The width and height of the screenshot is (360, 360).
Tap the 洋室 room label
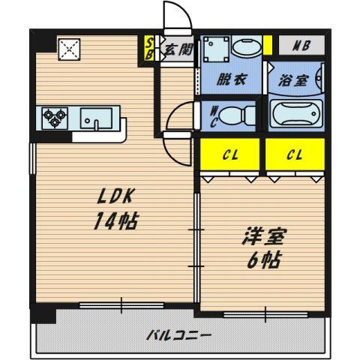click(264, 236)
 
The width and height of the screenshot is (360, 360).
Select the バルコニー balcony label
click(179, 335)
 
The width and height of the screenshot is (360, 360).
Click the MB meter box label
click(301, 46)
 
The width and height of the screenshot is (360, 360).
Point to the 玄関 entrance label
click(178, 49)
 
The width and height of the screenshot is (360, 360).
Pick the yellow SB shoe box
click(149, 49)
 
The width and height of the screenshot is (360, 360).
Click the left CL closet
click(229, 154)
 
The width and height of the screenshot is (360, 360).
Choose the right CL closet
click(295, 154)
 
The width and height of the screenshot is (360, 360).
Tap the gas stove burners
click(55, 118)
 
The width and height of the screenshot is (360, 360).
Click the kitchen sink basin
click(96, 118)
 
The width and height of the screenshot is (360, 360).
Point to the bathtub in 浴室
click(296, 114)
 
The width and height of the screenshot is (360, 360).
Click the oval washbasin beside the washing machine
click(247, 46)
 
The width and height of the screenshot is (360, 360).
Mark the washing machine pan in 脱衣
click(216, 49)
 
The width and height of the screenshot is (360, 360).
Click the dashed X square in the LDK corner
click(69, 49)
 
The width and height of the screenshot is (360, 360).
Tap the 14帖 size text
click(115, 221)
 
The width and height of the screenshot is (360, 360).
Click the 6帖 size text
click(264, 260)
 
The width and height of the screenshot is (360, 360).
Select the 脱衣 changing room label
click(232, 79)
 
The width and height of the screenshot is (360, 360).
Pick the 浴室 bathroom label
click(293, 80)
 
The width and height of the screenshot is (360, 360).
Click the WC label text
click(214, 117)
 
